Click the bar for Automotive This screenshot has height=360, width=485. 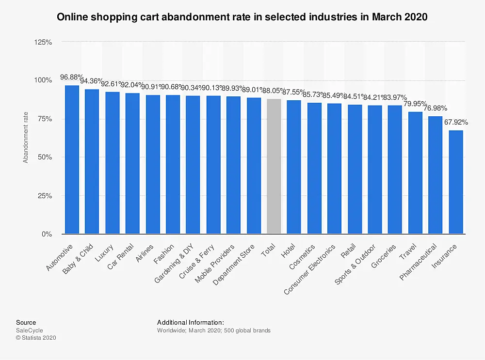tap(72, 160)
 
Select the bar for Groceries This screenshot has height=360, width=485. tap(395, 170)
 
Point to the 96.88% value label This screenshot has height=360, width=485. tap(72, 77)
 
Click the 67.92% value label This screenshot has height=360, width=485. tap(456, 122)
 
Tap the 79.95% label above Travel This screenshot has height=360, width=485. tap(415, 103)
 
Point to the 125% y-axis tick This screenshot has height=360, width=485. tap(44, 42)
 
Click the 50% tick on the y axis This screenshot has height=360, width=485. tap(45, 157)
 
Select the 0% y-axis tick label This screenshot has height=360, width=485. tap(47, 235)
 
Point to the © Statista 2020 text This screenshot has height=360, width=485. tap(36, 338)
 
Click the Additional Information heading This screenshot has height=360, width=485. tap(191, 322)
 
